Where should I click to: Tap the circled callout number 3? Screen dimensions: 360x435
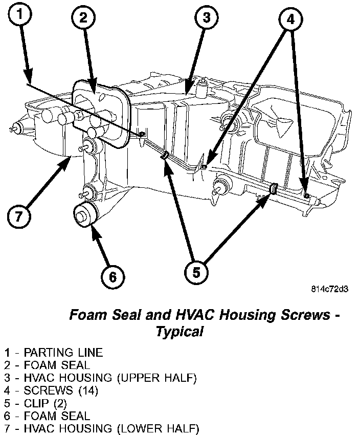pos(206,18)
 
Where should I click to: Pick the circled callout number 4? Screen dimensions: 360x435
pos(290,20)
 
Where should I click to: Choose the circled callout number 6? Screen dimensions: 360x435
pos(112,277)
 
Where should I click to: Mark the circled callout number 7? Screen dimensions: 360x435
pos(18,215)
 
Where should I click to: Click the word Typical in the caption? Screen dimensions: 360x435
pos(179,331)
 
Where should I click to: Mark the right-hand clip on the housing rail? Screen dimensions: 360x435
pos(273,189)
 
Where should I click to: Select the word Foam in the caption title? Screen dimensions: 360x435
pos(85,314)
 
